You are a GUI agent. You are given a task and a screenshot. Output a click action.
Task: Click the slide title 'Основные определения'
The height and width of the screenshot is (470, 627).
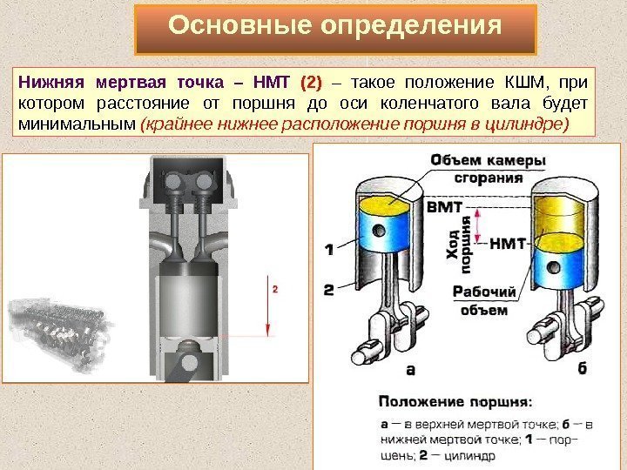click(335, 27)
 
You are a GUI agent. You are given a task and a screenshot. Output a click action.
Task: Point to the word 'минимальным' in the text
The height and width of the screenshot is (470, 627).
click(75, 124)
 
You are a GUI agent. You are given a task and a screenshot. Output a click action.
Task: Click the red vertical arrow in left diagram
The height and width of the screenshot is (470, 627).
click(268, 308)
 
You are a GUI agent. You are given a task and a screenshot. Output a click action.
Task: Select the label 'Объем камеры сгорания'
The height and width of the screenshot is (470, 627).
click(488, 168)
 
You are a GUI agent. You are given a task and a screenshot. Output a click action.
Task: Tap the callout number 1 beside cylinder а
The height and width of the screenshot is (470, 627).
click(328, 249)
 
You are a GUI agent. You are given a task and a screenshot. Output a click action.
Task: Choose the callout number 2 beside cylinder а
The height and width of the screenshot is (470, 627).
click(328, 288)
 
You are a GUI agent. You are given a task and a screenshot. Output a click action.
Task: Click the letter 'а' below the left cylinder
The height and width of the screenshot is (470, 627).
click(410, 369)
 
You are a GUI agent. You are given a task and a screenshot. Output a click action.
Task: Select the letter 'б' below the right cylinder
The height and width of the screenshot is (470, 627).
click(581, 369)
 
